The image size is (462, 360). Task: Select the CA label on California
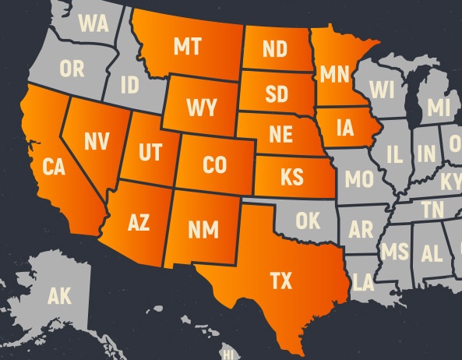pyautogui.click(x=53, y=167)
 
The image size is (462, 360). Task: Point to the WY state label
pyautogui.click(x=201, y=107)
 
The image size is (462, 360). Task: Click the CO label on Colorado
pyautogui.click(x=214, y=165)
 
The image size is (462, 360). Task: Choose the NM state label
pyautogui.click(x=203, y=230)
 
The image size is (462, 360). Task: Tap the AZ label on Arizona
pyautogui.click(x=138, y=224)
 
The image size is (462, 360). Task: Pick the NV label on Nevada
pyautogui.click(x=96, y=141)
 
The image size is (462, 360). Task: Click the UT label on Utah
pyautogui.click(x=150, y=151)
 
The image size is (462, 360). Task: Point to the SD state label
pyautogui.click(x=276, y=95)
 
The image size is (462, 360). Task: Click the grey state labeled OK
pyautogui.click(x=307, y=221)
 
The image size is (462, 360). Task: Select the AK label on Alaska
pyautogui.click(x=59, y=296)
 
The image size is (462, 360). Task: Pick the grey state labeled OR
pyautogui.click(x=72, y=69)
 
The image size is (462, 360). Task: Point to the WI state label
pyautogui.click(x=382, y=90)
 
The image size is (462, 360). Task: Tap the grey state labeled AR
pyautogui.click(x=361, y=231)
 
